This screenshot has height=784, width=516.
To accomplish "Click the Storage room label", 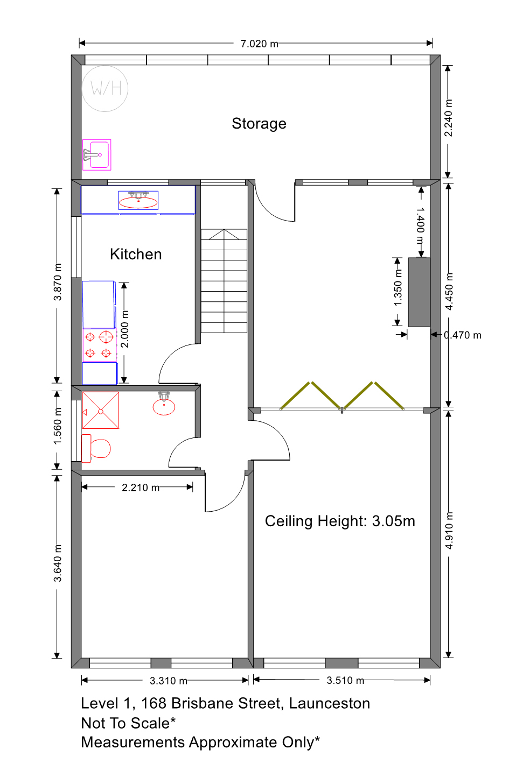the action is (259, 124).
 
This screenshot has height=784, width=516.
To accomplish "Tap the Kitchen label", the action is (136, 255).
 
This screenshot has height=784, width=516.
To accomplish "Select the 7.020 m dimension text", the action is (259, 44).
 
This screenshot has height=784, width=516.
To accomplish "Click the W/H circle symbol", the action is (104, 89).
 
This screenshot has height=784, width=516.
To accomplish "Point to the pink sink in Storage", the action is (97, 155).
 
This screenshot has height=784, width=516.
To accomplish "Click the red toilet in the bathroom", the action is (96, 448).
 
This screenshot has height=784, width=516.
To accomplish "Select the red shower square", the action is (101, 410).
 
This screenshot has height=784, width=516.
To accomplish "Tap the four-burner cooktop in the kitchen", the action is (100, 345).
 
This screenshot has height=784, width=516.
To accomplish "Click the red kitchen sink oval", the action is (138, 202).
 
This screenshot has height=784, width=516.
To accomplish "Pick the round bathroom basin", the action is (164, 407).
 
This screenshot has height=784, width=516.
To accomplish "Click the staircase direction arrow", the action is (224, 235).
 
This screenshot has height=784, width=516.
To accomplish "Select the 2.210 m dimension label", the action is (141, 488).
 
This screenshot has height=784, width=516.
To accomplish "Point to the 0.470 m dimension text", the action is (462, 335).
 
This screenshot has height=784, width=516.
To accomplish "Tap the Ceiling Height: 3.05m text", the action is (340, 521).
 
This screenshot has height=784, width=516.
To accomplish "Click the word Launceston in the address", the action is (329, 703).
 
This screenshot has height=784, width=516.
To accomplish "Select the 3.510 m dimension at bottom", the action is (345, 680).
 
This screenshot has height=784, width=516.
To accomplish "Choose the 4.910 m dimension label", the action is (449, 531).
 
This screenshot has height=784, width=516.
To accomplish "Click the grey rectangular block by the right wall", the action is (419, 292).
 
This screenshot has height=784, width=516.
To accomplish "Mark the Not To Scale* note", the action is (128, 723).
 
